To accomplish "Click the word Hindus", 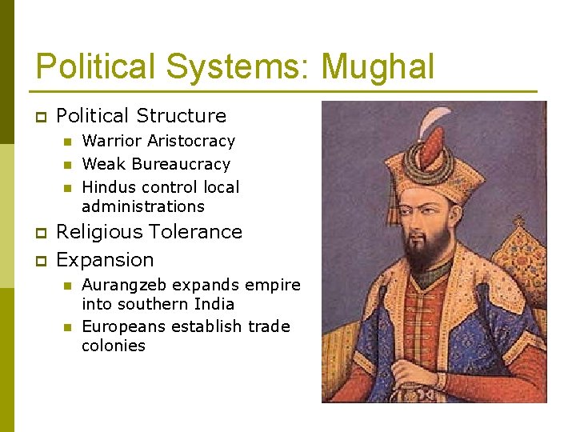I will coord(110,187).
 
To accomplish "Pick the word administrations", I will coord(143,206).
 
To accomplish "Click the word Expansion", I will coord(105,260).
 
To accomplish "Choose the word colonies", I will coord(114,346).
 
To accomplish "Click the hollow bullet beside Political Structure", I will coord(40,117).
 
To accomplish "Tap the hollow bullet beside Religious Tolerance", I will coord(40,233).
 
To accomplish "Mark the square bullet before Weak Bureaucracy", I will coord(68,165).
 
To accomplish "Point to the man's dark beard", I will coord(424,252).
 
